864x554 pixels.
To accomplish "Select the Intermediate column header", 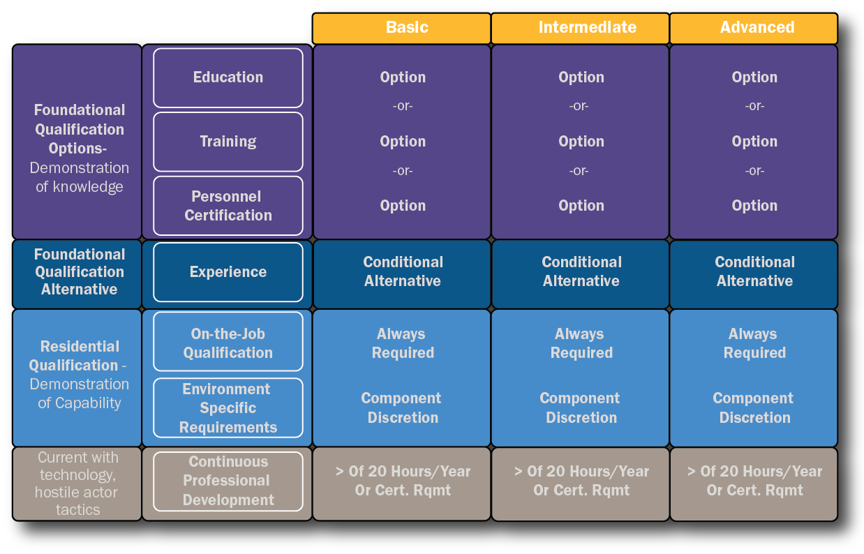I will pyautogui.click(x=580, y=28).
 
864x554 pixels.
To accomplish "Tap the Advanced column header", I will pyautogui.click(x=754, y=28).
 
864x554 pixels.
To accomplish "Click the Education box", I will pyautogui.click(x=228, y=77).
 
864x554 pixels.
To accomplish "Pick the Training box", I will pyautogui.click(x=228, y=142).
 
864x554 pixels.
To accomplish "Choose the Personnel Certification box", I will pyautogui.click(x=228, y=206).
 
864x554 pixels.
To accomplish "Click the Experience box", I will pyautogui.click(x=228, y=272).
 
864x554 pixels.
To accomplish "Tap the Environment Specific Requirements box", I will pyautogui.click(x=228, y=408).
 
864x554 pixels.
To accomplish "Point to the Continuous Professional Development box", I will pyautogui.click(x=228, y=481).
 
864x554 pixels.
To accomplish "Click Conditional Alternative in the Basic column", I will pyautogui.click(x=403, y=271).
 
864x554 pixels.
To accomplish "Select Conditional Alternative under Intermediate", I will pyautogui.click(x=581, y=271).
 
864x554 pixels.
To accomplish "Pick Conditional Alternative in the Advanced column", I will pyautogui.click(x=754, y=271).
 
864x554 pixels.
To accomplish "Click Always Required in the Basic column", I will pyautogui.click(x=403, y=343).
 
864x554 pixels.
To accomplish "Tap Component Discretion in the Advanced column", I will pyautogui.click(x=754, y=408).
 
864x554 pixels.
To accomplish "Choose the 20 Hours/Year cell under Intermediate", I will pyautogui.click(x=581, y=481).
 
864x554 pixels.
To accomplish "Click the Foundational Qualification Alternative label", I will pyautogui.click(x=79, y=272).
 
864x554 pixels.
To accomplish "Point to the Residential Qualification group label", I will pyautogui.click(x=78, y=375).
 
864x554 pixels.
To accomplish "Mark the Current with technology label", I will pyautogui.click(x=77, y=484).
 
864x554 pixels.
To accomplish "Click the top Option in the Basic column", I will pyautogui.click(x=403, y=77).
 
